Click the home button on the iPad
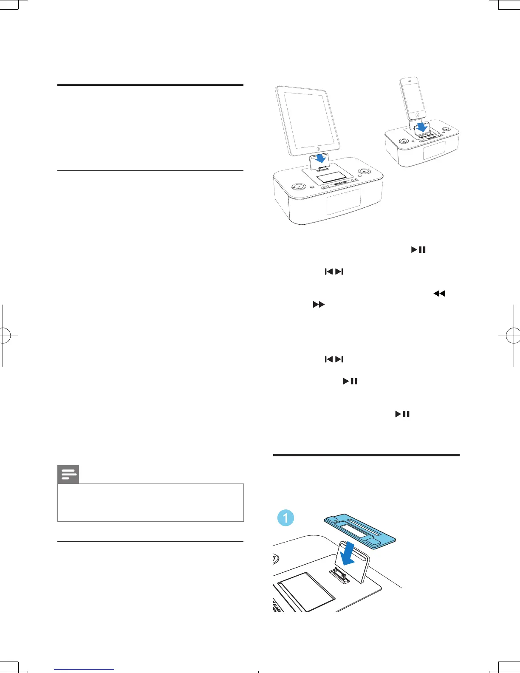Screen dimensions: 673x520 pos(318,149)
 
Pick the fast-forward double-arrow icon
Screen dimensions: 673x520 pos(319,305)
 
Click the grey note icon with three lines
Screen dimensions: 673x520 pos(68,475)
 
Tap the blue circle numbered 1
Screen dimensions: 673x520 pos(285,517)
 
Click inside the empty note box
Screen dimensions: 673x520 pos(150,502)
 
